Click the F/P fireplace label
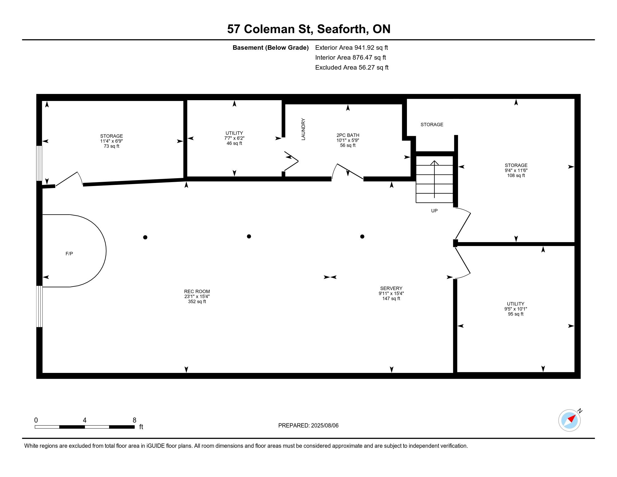(69, 254)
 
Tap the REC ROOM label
(197, 291)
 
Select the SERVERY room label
(391, 288)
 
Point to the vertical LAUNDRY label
(303, 129)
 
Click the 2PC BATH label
(348, 135)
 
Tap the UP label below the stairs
(434, 211)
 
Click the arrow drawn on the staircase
(434, 179)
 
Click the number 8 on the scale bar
(134, 420)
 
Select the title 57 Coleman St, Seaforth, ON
(309, 29)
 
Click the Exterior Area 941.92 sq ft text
(351, 48)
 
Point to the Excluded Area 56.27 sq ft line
(352, 68)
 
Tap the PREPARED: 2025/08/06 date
(308, 426)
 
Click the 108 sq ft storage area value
(516, 175)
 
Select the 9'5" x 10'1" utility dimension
(515, 309)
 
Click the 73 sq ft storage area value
(112, 146)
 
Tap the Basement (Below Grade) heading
(270, 48)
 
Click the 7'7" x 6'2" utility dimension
(234, 138)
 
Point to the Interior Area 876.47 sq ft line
(350, 58)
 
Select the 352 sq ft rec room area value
(197, 302)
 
